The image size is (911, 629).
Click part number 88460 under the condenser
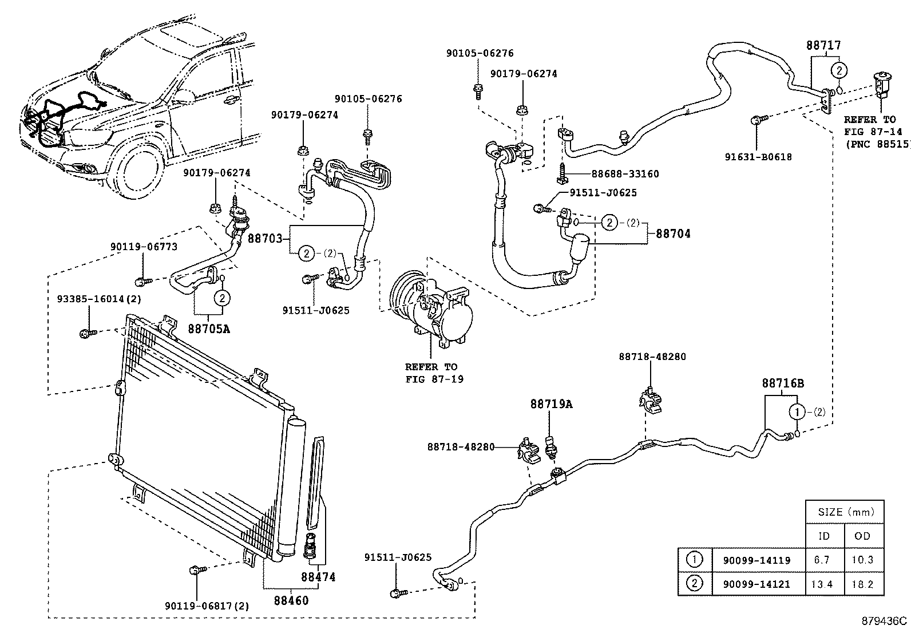click(x=291, y=600)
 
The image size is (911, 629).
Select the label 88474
click(x=319, y=577)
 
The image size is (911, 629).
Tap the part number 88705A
click(x=209, y=329)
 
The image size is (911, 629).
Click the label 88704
click(x=673, y=234)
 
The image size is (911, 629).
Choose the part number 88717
click(x=824, y=45)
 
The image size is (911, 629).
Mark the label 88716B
click(x=782, y=383)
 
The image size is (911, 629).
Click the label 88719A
click(x=550, y=404)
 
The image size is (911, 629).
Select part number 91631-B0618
click(x=758, y=157)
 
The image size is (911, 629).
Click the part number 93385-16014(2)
click(x=99, y=299)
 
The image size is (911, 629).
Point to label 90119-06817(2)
click(x=207, y=606)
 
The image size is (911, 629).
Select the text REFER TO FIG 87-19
click(x=431, y=373)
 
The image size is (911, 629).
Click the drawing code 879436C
click(x=885, y=621)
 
